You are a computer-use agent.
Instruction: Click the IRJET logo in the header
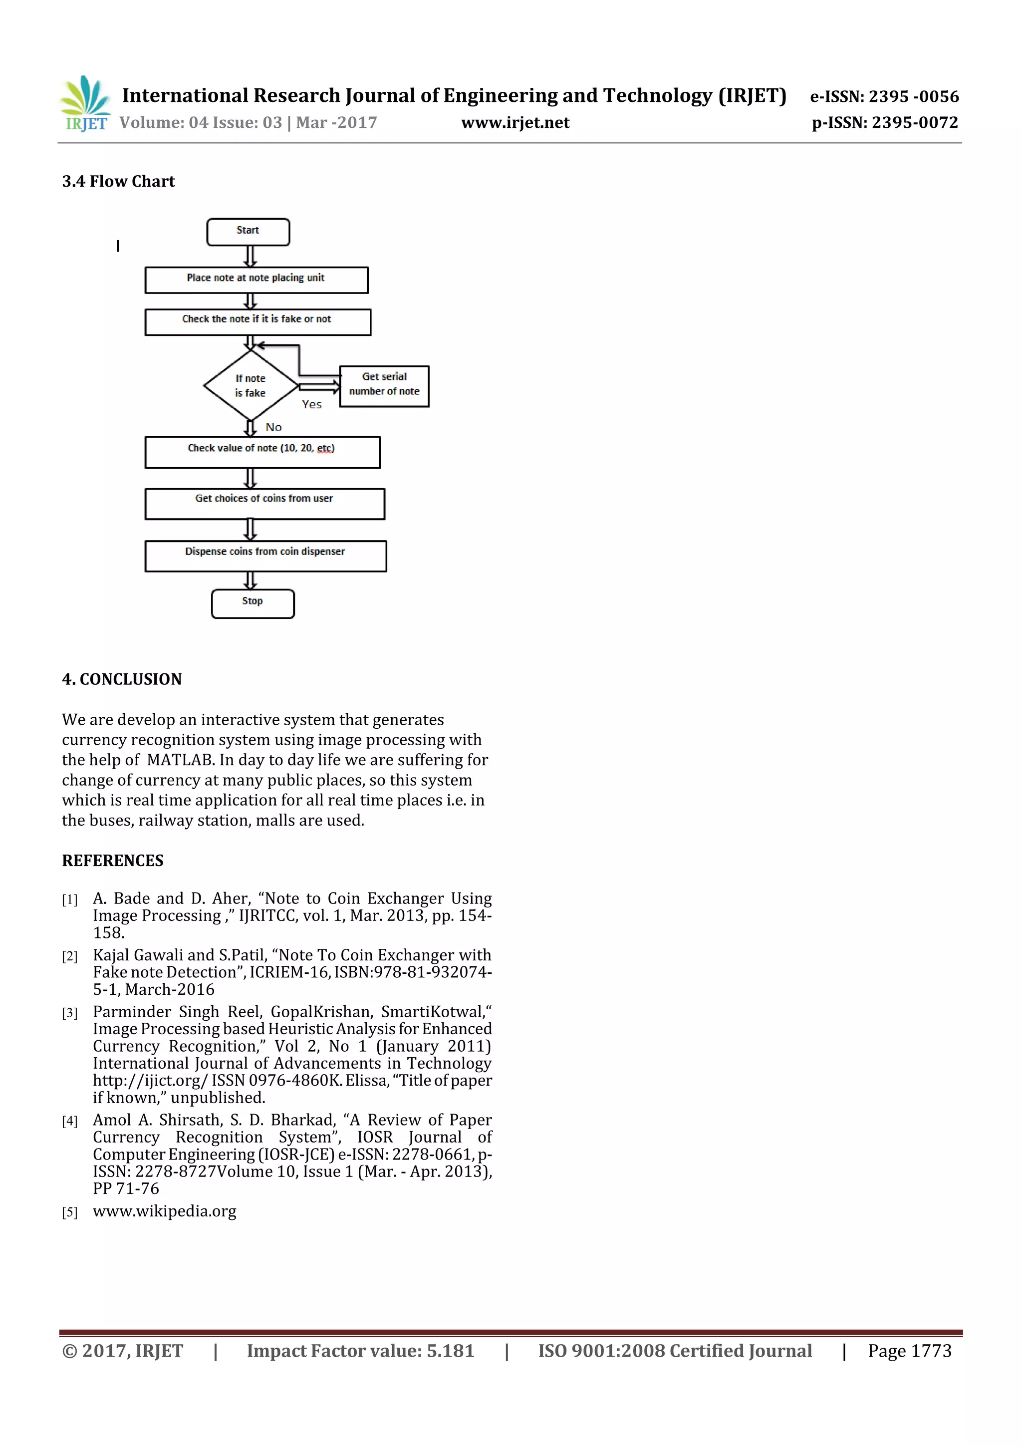pyautogui.click(x=85, y=104)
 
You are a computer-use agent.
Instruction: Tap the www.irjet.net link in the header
pyautogui.click(x=515, y=123)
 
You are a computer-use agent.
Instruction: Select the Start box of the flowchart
pyautogui.click(x=248, y=232)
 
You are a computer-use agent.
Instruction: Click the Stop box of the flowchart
pyautogui.click(x=253, y=603)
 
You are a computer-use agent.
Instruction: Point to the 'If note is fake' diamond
pyautogui.click(x=251, y=385)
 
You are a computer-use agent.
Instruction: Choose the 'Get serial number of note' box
pyautogui.click(x=384, y=386)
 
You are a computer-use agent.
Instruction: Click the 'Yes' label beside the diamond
pyautogui.click(x=312, y=405)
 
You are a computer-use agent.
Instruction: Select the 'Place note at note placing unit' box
pyautogui.click(x=256, y=280)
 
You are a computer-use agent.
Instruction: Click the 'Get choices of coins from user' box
pyautogui.click(x=264, y=504)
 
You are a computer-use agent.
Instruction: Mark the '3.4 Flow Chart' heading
pyautogui.click(x=118, y=181)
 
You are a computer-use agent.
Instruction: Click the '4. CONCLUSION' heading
pyautogui.click(x=122, y=679)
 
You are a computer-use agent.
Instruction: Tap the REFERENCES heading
pyautogui.click(x=113, y=861)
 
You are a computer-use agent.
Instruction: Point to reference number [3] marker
pyautogui.click(x=69, y=1013)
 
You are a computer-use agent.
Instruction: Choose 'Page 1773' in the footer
pyautogui.click(x=909, y=1350)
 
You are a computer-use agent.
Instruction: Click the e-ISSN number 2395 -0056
pyautogui.click(x=914, y=96)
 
